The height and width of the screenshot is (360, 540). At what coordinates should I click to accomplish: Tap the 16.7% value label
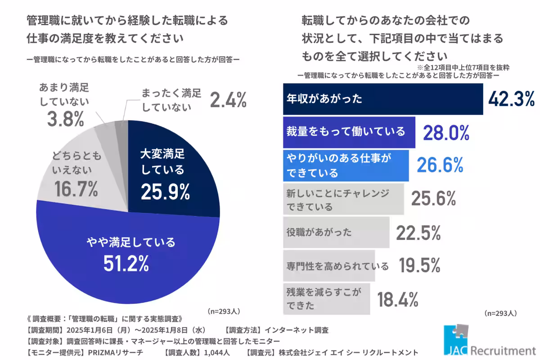(76, 190)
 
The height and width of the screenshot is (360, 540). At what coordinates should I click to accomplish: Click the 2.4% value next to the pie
(229, 100)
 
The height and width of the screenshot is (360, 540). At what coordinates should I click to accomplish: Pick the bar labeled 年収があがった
(382, 99)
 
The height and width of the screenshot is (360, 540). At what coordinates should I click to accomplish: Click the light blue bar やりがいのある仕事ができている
(346, 165)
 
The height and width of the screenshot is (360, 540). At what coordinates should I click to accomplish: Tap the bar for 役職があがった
(336, 233)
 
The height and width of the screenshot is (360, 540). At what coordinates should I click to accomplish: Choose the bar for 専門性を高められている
(328, 266)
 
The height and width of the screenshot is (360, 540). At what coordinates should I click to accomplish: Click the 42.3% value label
(511, 99)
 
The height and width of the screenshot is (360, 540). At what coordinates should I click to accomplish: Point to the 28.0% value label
(446, 133)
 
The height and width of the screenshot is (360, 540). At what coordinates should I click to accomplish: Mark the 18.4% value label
(398, 299)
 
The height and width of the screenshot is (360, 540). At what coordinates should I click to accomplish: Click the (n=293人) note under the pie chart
(224, 311)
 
